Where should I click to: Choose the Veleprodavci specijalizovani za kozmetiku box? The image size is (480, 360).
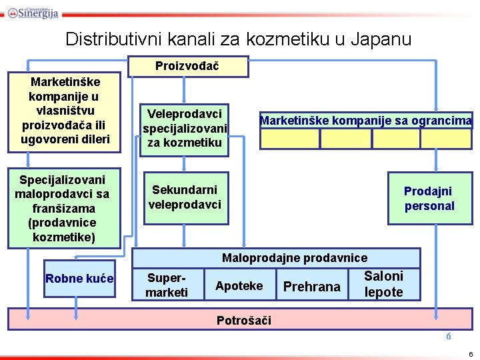(x=185, y=129)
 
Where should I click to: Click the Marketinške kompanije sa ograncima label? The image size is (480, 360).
(x=365, y=121)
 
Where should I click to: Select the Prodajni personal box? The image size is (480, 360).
(x=429, y=199)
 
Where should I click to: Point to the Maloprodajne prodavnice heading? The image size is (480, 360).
(x=294, y=258)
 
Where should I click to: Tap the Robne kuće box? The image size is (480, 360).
(x=79, y=279)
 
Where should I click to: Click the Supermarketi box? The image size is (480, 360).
(x=167, y=285)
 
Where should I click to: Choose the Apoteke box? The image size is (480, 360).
(x=239, y=286)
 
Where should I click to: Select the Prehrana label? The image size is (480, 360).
(x=311, y=287)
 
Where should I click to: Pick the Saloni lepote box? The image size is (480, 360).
(x=384, y=285)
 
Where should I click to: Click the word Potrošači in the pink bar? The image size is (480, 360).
(x=244, y=321)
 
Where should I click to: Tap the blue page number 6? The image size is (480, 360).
(x=449, y=337)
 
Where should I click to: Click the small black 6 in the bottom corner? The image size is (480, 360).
(x=471, y=353)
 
